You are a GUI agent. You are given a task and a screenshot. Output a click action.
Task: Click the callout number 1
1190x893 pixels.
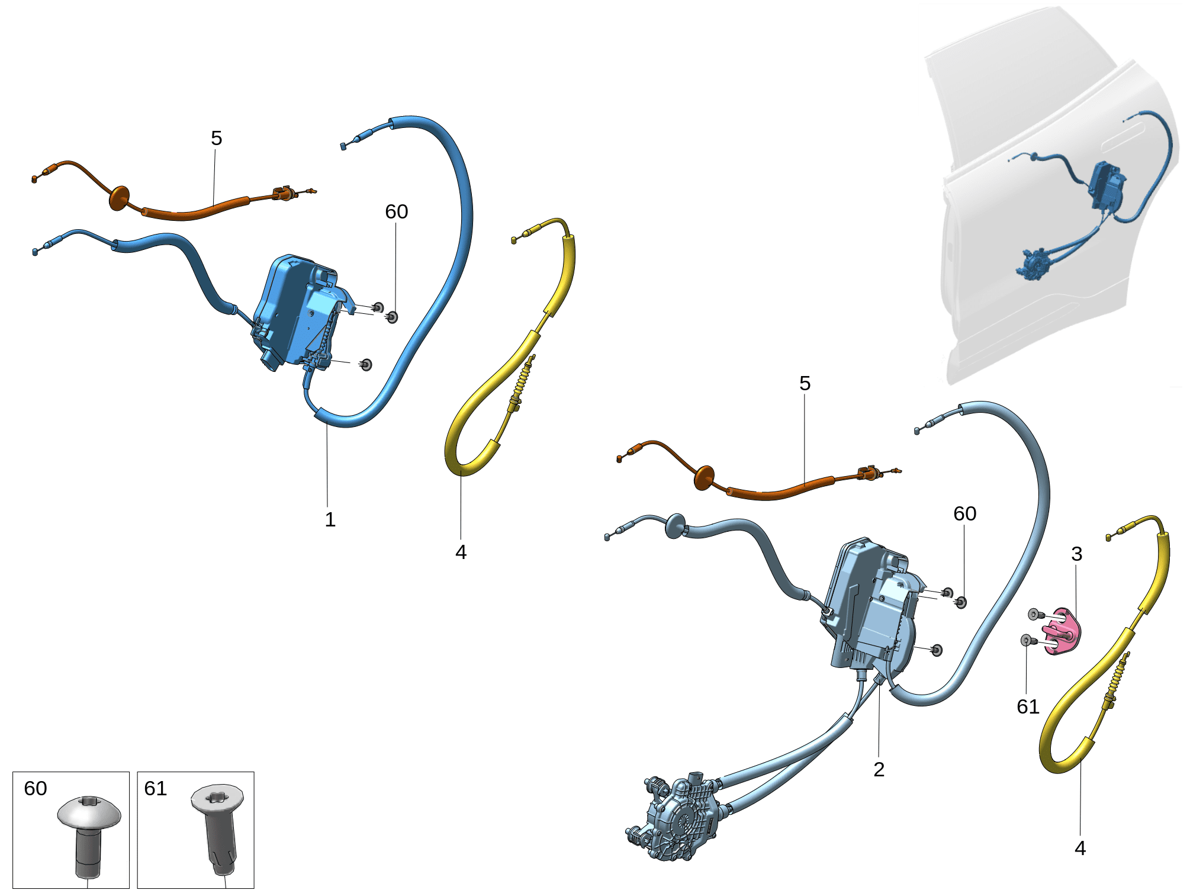[330, 519]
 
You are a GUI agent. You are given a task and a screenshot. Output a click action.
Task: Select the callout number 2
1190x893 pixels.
[879, 769]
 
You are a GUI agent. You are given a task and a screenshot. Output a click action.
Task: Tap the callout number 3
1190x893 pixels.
[1077, 554]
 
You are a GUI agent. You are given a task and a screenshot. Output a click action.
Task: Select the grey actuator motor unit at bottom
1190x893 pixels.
[675, 817]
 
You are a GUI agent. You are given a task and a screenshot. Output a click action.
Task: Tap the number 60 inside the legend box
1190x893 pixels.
[36, 788]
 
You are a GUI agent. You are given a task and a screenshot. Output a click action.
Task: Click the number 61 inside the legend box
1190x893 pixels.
[156, 788]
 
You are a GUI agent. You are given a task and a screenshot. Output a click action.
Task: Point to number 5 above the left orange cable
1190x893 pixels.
[217, 138]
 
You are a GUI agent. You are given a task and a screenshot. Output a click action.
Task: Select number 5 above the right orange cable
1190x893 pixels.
[805, 383]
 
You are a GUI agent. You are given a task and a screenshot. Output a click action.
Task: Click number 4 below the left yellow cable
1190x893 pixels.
[461, 552]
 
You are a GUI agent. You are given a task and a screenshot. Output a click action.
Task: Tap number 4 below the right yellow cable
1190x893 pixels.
[1080, 848]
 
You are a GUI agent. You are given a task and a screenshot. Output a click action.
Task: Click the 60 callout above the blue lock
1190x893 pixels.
[397, 211]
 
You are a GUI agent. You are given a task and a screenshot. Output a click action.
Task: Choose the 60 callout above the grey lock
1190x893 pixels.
[965, 513]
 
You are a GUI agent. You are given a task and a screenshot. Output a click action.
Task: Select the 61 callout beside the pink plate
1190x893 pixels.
[1028, 706]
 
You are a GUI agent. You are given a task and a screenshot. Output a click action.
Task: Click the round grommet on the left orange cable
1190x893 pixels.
[120, 198]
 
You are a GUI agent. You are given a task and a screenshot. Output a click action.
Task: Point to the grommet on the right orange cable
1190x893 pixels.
[704, 478]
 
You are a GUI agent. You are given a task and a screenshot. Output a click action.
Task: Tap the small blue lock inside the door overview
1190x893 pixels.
[1107, 186]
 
